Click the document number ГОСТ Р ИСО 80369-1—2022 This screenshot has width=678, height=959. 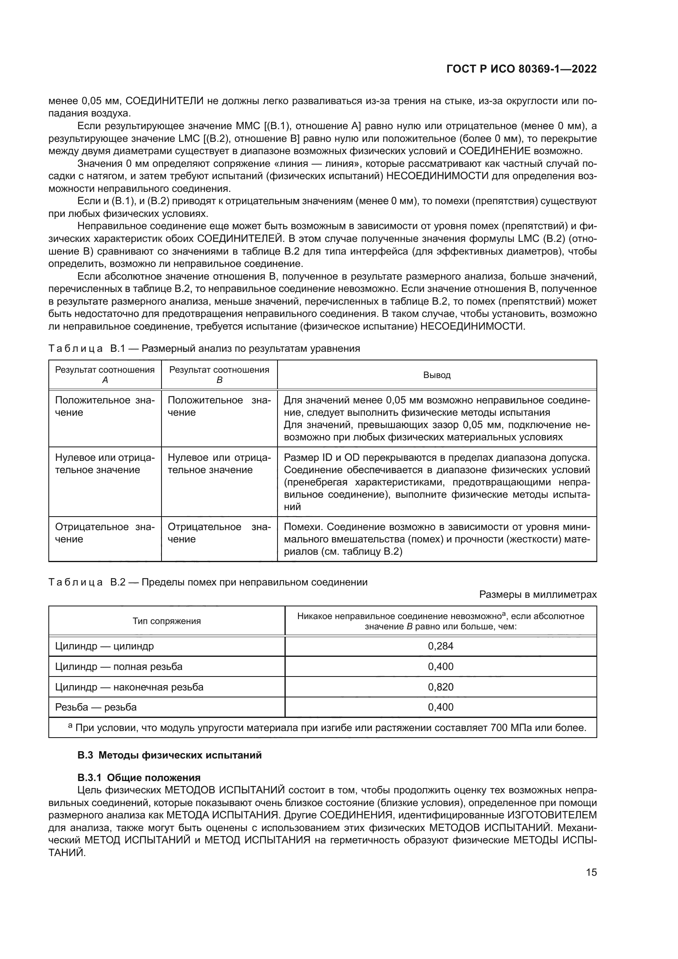[x=521, y=69]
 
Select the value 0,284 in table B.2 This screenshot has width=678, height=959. [x=440, y=646]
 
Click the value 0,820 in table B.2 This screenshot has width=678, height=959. [x=440, y=687]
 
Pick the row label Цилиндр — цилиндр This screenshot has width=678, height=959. [x=105, y=646]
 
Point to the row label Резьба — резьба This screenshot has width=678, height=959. [x=96, y=707]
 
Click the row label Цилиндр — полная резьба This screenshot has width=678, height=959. [x=118, y=667]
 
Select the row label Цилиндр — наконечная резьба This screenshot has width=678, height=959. [x=129, y=687]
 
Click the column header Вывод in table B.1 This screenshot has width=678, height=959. [x=437, y=375]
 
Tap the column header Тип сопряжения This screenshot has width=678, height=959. [x=166, y=621]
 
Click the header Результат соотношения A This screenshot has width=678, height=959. [x=105, y=375]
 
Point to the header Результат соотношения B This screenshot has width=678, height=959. [x=219, y=375]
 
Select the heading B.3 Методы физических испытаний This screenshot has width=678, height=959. [x=170, y=755]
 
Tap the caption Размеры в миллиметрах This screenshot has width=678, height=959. [x=538, y=595]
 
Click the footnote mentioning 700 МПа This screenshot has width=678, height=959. [x=327, y=728]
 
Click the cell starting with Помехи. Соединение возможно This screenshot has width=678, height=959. [x=437, y=539]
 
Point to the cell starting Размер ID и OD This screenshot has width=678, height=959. [x=437, y=482]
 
